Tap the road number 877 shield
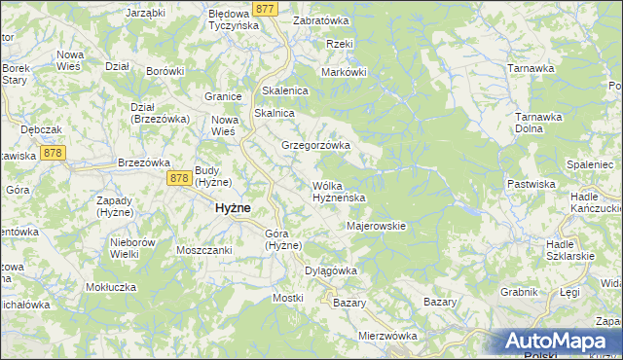coord(264,9)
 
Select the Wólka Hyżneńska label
coord(338,191)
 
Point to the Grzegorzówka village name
coord(315,145)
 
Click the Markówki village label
coord(344,71)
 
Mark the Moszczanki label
coord(203,250)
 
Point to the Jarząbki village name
coord(147,14)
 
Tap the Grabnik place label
coord(519,291)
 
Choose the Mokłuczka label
coord(111,287)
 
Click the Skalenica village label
coord(285,90)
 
